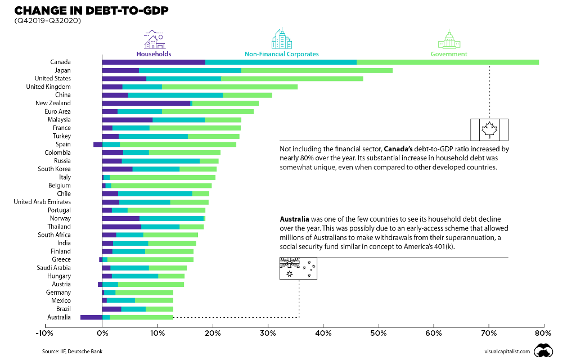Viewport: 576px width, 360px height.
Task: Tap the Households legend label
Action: pos(154,54)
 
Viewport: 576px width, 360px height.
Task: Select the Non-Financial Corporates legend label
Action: pos(281,54)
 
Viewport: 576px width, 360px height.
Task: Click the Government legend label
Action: pos(449,54)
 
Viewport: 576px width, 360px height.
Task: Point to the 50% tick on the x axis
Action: pos(379,333)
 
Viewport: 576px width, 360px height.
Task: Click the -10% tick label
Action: pos(44,333)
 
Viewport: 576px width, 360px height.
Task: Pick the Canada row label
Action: pos(60,62)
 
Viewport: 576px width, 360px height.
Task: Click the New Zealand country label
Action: pos(53,103)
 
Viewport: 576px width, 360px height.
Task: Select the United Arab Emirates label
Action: pos(42,201)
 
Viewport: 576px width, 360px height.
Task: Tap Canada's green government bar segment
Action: pos(447,62)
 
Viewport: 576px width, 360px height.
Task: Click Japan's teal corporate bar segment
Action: pos(190,70)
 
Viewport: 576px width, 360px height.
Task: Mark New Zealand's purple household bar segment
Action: pos(146,103)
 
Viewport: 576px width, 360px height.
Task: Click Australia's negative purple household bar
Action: pos(91,317)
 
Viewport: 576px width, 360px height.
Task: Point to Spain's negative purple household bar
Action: pos(97,144)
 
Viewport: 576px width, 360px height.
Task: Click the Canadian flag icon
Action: pos(489,129)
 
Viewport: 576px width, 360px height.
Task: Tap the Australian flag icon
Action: pos(298,268)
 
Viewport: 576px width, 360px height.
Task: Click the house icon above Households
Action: pos(154,39)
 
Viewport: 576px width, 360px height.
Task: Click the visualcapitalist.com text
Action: pos(506,352)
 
